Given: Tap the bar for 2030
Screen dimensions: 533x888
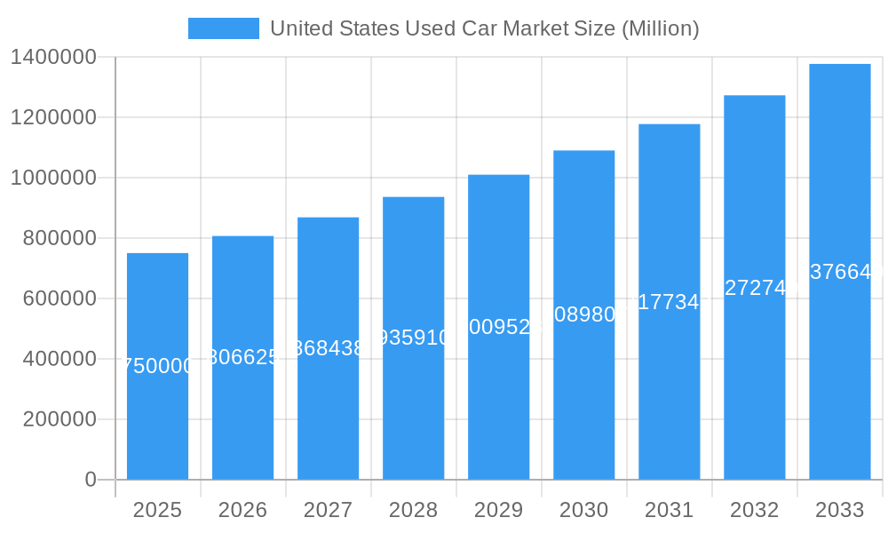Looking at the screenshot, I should (583, 400).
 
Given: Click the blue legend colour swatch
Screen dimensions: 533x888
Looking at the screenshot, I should (223, 28).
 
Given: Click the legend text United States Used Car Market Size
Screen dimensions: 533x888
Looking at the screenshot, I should (484, 28).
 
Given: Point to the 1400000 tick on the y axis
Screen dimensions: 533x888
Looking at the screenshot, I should (53, 57).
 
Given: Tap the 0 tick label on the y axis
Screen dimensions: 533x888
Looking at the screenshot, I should (90, 480).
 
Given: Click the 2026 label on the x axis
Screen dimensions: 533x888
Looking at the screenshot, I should (242, 510).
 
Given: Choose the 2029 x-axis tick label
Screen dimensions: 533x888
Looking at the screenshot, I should (498, 510).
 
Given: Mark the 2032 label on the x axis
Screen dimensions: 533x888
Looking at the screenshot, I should (754, 510).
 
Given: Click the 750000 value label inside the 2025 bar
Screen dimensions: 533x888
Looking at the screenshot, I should (157, 366).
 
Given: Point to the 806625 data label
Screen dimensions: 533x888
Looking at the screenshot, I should (242, 357).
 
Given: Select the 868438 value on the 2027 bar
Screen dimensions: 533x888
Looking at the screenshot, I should (328, 348).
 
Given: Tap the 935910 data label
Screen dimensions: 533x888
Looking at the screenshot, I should (413, 338).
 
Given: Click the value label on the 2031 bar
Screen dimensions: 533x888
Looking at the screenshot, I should (669, 302).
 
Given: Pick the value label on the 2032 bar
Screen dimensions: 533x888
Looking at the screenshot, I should (754, 288).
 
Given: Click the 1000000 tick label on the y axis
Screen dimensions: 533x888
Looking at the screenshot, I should (53, 178).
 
